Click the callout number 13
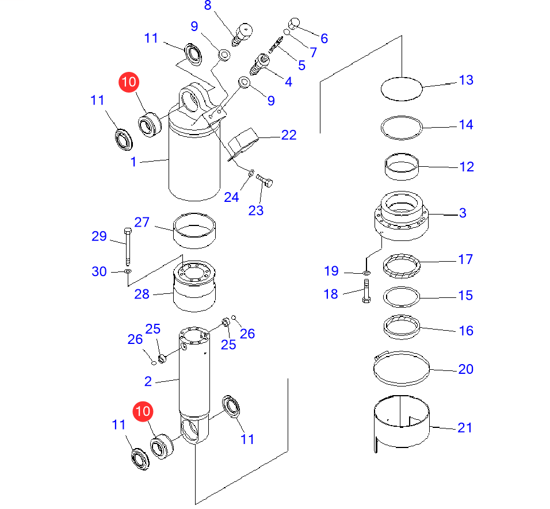click(x=465, y=80)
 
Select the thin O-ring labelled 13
click(x=402, y=89)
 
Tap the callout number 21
click(x=464, y=427)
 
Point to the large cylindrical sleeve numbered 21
click(x=401, y=423)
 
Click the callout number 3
click(x=463, y=213)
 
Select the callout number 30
click(x=100, y=271)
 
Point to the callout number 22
click(x=289, y=135)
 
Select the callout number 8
click(x=208, y=6)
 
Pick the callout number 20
click(x=465, y=369)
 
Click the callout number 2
click(x=148, y=381)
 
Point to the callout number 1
click(x=133, y=162)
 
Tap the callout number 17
click(x=465, y=259)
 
